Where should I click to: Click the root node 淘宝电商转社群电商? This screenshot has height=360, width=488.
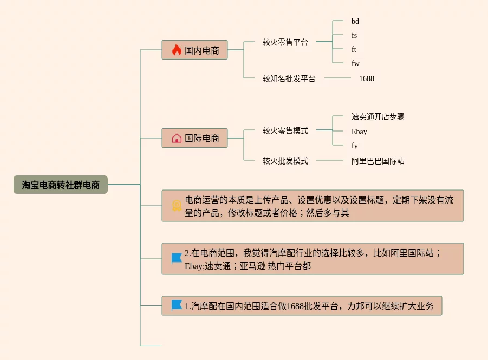point(61,185)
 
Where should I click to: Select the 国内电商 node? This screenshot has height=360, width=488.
point(194,50)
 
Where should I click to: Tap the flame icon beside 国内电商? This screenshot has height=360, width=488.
point(177,50)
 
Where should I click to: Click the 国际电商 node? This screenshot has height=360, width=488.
point(194,138)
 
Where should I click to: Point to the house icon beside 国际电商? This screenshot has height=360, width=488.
point(177,138)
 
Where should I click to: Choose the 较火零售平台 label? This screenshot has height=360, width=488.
point(285,42)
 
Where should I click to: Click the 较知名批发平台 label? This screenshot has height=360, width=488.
point(289,78)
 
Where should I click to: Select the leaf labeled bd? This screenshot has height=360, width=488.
point(355,22)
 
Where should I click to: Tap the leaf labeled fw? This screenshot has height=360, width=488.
point(355,63)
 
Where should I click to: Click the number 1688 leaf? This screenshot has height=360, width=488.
point(367,78)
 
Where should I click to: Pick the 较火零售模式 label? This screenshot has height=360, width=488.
point(285,130)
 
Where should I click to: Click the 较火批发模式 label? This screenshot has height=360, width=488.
point(285,161)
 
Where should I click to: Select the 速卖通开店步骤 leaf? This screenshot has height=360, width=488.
point(378,116)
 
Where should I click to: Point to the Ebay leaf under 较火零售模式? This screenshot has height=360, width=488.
point(359,132)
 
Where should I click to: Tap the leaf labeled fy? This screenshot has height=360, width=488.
point(355,146)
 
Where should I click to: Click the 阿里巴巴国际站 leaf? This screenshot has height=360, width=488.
point(378,161)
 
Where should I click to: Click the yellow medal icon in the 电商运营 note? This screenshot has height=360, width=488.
point(177,205)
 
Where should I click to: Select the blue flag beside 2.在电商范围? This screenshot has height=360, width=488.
point(177,258)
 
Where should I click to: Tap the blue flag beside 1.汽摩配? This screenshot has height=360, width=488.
point(177,305)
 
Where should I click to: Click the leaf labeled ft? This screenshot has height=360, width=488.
point(354,49)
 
